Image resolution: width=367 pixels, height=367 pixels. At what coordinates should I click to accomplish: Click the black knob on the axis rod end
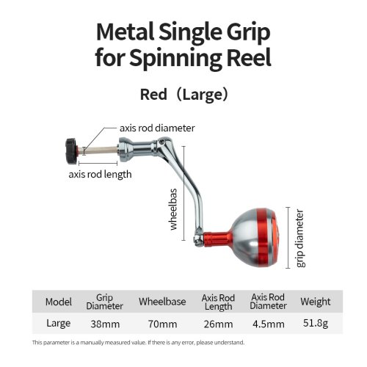pyautogui.click(x=72, y=151)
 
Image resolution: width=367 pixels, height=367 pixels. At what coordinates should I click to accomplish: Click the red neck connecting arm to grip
pyautogui.click(x=217, y=239)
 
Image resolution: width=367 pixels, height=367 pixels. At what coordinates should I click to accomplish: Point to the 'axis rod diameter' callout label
pyautogui.click(x=157, y=128)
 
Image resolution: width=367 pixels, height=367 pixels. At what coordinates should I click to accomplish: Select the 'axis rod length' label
pyautogui.click(x=100, y=175)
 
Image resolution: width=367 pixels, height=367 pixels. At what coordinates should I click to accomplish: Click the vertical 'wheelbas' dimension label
pyautogui.click(x=173, y=209)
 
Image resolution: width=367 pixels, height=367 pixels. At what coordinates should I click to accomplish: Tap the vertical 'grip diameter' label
pyautogui.click(x=300, y=238)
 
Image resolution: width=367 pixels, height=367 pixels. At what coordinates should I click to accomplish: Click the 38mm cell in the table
pyautogui.click(x=105, y=324)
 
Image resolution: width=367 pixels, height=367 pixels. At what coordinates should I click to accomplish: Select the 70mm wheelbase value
pyautogui.click(x=163, y=324)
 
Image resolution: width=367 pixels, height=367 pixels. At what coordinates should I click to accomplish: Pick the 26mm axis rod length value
pyautogui.click(x=218, y=324)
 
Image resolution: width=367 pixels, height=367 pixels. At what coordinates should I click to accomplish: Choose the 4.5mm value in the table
pyautogui.click(x=269, y=324)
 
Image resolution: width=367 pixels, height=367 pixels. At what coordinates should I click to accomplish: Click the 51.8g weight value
pyautogui.click(x=316, y=324)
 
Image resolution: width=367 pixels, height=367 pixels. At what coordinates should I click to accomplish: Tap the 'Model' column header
pyautogui.click(x=59, y=302)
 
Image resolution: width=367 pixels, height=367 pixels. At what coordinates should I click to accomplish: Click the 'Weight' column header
pyautogui.click(x=316, y=302)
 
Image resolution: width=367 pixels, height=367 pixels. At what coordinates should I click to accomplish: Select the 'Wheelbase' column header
pyautogui.click(x=162, y=302)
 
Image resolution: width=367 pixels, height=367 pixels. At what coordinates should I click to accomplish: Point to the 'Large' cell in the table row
pyautogui.click(x=59, y=324)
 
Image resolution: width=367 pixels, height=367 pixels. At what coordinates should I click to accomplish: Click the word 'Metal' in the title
pyautogui.click(x=126, y=32)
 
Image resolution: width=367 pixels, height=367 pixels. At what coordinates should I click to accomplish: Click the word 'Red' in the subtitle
pyautogui.click(x=153, y=95)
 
